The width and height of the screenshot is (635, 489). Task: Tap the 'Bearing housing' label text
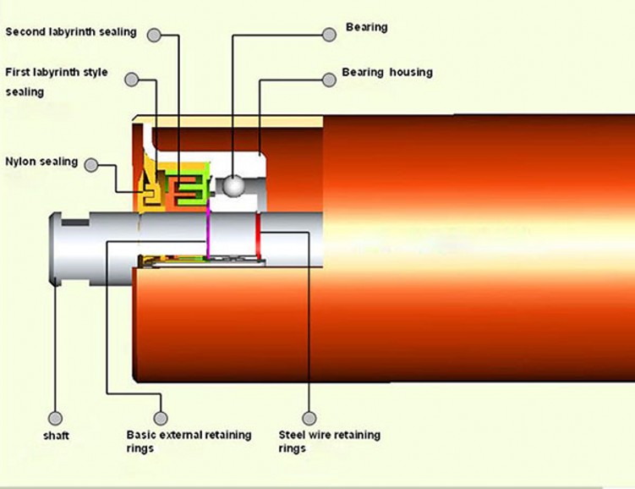[386, 73]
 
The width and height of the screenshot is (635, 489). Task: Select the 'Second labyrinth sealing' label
[71, 32]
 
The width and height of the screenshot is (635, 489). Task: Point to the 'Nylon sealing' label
[41, 161]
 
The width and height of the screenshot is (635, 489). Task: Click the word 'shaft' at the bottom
[56, 437]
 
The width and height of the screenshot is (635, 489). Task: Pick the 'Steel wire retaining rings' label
[329, 441]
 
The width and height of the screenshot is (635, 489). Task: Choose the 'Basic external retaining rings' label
[189, 441]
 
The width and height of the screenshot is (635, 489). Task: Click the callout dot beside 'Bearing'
[329, 35]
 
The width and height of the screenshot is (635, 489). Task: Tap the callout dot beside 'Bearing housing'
[328, 80]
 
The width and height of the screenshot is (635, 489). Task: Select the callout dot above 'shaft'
[56, 418]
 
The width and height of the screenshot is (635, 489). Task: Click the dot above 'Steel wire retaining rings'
[309, 418]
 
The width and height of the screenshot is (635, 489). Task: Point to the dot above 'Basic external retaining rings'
[161, 418]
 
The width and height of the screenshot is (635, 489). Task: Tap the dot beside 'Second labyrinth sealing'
[154, 35]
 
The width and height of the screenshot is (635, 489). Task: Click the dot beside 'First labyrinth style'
[131, 80]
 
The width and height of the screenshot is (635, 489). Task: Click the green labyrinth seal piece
[191, 188]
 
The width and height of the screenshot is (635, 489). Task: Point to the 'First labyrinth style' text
[57, 73]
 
